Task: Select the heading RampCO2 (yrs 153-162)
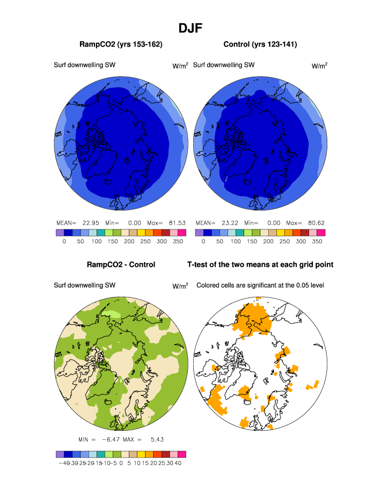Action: click(x=121, y=44)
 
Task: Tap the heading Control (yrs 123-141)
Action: click(x=260, y=44)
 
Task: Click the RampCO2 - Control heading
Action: click(x=121, y=265)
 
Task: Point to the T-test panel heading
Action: click(x=260, y=265)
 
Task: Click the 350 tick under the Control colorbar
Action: click(x=317, y=242)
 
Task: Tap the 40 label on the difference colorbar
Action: click(x=178, y=463)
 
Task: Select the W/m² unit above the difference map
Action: click(x=180, y=286)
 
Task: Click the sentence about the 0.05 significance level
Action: click(x=260, y=286)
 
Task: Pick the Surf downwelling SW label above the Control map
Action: click(x=224, y=65)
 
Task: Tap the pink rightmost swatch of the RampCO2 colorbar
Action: click(x=182, y=233)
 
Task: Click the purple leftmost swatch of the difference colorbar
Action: click(x=60, y=454)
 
